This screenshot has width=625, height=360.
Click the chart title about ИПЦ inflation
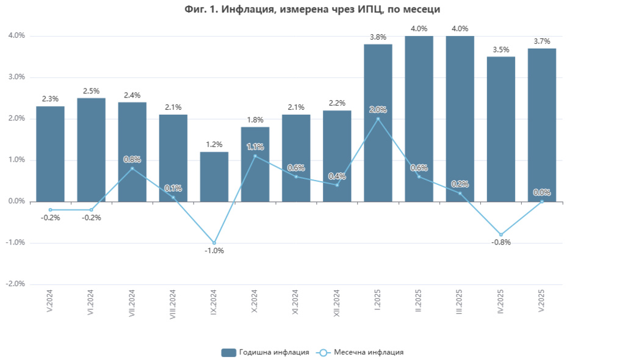312,9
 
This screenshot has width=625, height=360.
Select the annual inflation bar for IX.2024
214,176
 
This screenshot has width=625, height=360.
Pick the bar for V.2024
50,154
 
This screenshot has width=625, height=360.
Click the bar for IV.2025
500,129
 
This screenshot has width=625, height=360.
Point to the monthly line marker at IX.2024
214,243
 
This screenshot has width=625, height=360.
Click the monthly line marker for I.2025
378,118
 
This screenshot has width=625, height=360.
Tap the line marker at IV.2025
500,234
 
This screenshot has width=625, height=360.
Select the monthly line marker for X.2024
255,156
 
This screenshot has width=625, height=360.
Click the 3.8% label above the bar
378,37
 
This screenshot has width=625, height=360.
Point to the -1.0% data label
214,251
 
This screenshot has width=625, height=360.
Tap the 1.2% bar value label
214,145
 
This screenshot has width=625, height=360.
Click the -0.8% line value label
500,242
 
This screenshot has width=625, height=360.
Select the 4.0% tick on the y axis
16,36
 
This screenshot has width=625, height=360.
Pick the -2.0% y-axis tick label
15,284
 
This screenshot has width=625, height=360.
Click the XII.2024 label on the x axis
337,303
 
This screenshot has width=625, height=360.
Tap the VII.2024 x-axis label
132,303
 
